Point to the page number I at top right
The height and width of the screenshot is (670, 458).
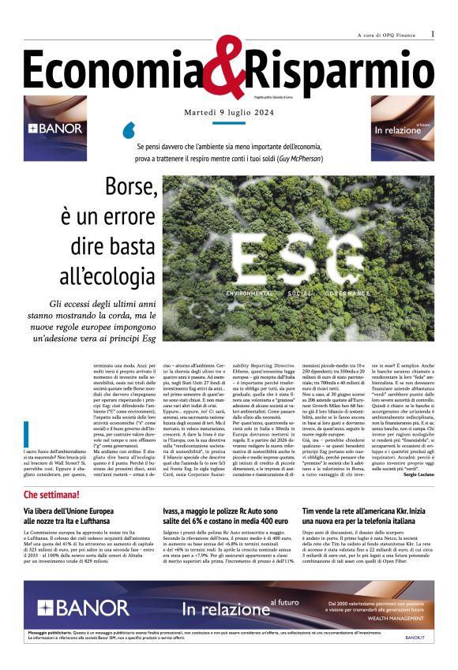(x=432, y=35)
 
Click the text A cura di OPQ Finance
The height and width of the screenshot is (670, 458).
(x=385, y=36)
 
